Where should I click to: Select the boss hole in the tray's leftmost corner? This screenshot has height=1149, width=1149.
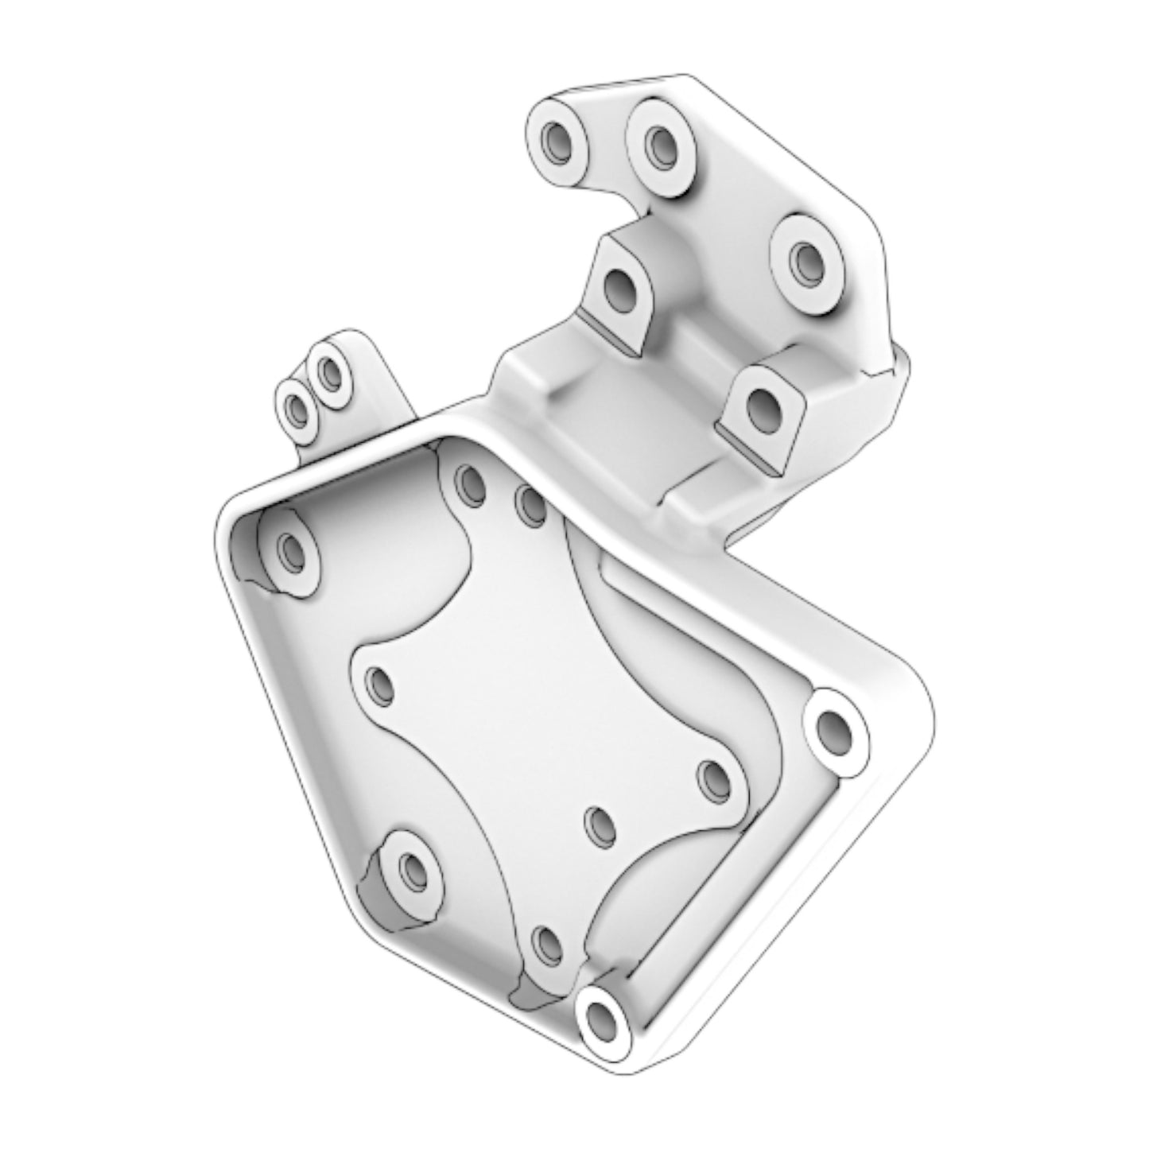click(291, 549)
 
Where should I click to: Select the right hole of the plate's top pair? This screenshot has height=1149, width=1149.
click(530, 505)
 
